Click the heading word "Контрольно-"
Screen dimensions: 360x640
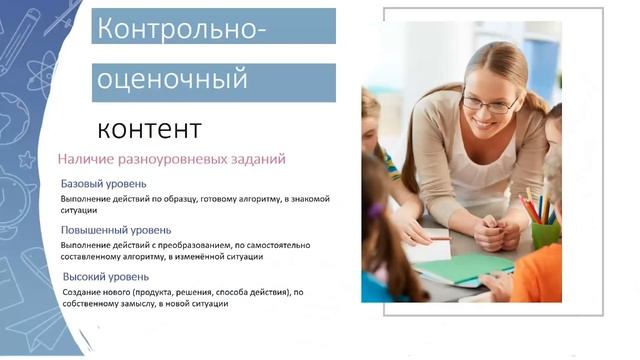(181, 29)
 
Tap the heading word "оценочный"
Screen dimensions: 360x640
(171, 79)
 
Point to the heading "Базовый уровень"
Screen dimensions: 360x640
(104, 184)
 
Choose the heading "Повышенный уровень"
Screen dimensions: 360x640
(116, 230)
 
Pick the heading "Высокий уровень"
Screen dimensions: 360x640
(106, 276)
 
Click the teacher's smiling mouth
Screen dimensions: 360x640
(486, 124)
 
